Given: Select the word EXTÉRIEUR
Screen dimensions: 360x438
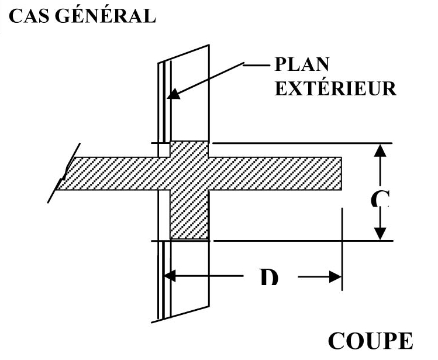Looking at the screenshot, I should click(x=336, y=88).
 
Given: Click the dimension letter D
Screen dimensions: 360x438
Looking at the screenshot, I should click(x=268, y=276).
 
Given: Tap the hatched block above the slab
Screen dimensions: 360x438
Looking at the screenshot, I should click(x=189, y=149).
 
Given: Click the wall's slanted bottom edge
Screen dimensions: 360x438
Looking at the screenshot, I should click(x=181, y=314).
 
